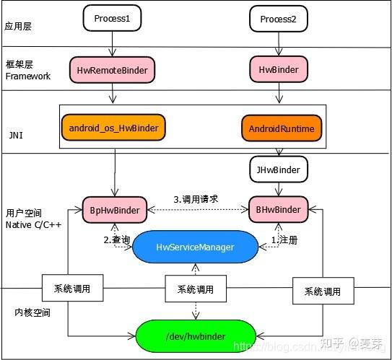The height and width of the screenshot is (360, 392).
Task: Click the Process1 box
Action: tap(112, 19)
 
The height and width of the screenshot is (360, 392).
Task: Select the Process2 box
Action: tap(279, 19)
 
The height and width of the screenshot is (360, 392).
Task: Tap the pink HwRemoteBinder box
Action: tap(113, 70)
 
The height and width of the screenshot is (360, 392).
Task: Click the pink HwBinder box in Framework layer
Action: tap(278, 70)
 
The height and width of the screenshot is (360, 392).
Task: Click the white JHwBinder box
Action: tap(278, 170)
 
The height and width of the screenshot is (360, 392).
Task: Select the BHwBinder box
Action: tap(278, 210)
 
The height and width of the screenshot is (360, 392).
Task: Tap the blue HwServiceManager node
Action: tap(195, 247)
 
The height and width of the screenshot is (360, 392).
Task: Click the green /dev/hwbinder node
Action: tap(196, 335)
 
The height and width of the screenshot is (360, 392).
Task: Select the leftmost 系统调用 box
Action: tap(71, 289)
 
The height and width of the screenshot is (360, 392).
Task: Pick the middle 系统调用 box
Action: tap(195, 289)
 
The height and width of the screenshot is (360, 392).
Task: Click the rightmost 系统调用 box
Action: tap(322, 291)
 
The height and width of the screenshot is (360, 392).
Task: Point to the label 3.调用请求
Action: tap(196, 198)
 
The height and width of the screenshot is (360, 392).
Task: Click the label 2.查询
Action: tap(117, 239)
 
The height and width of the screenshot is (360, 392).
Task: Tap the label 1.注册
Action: tap(284, 239)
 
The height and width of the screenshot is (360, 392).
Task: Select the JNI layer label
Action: tap(15, 134)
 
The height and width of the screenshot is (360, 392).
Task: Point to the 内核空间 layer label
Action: tap(29, 312)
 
